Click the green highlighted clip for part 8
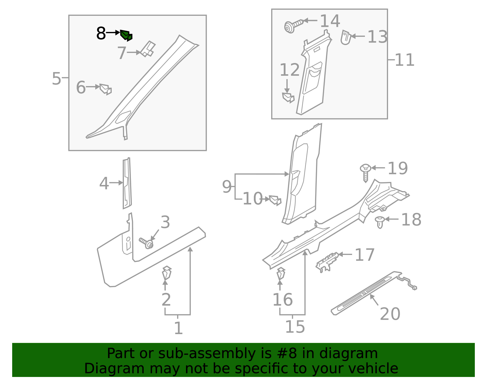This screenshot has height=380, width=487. click(x=126, y=35)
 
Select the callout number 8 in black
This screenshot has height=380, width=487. click(x=101, y=33)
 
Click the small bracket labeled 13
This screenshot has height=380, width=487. click(x=346, y=37)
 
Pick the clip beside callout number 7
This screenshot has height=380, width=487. click(x=148, y=49)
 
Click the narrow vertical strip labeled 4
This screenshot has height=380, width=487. click(x=127, y=183)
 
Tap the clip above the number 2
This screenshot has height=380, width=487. click(x=166, y=273)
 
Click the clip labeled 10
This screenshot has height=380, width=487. click(x=275, y=200)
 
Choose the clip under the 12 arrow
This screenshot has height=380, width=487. click(x=288, y=98)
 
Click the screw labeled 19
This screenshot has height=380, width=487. click(x=366, y=172)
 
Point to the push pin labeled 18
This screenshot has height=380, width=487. click(x=380, y=222)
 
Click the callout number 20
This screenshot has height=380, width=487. click(x=390, y=314)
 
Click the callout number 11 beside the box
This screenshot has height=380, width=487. click(x=405, y=60)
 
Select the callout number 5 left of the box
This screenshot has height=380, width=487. click(x=56, y=78)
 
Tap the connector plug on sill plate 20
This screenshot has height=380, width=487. click(x=414, y=288)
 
